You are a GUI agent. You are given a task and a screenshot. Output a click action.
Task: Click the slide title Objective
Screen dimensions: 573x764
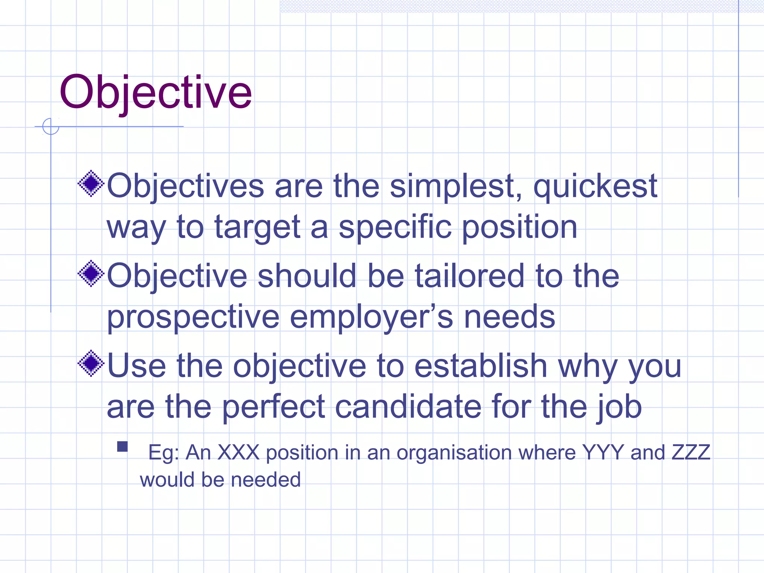pos(156,92)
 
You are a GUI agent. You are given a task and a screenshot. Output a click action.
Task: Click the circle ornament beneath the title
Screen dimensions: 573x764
pos(51,126)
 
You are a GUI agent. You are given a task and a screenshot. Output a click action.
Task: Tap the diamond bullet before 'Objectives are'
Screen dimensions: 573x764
pos(91,184)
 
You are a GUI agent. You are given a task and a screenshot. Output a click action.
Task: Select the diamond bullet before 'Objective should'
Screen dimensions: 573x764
pos(91,274)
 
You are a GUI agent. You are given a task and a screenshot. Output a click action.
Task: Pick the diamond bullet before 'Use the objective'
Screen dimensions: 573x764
pos(91,363)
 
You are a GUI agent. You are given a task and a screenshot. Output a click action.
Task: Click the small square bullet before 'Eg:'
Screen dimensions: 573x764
pos(122,447)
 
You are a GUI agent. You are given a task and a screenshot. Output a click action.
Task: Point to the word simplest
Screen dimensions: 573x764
pos(455,187)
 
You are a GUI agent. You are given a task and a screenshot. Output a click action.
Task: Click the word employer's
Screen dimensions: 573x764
pos(371,317)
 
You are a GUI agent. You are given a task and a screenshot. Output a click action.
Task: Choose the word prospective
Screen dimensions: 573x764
pos(193,317)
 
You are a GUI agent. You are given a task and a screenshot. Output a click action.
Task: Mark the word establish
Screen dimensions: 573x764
pos(480,366)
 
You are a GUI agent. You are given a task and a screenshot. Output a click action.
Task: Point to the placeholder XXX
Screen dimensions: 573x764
pos(238,453)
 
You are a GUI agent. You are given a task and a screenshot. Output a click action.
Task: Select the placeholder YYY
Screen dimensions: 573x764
pos(603,453)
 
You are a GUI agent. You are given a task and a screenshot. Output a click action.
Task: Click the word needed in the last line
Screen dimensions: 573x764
pos(265,480)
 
